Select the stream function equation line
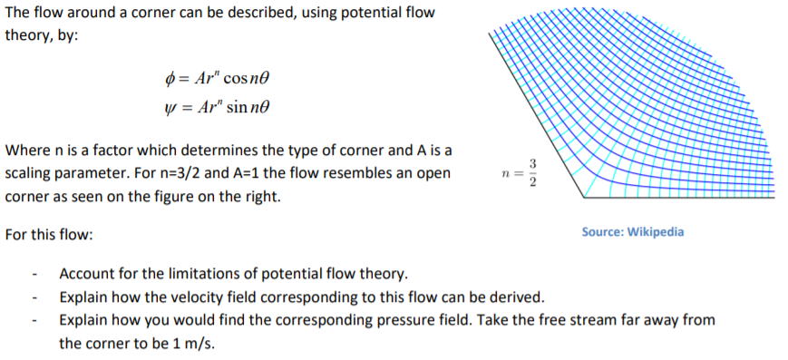[215, 108]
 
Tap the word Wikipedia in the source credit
[656, 232]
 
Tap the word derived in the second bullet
[519, 297]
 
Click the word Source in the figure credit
[599, 232]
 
